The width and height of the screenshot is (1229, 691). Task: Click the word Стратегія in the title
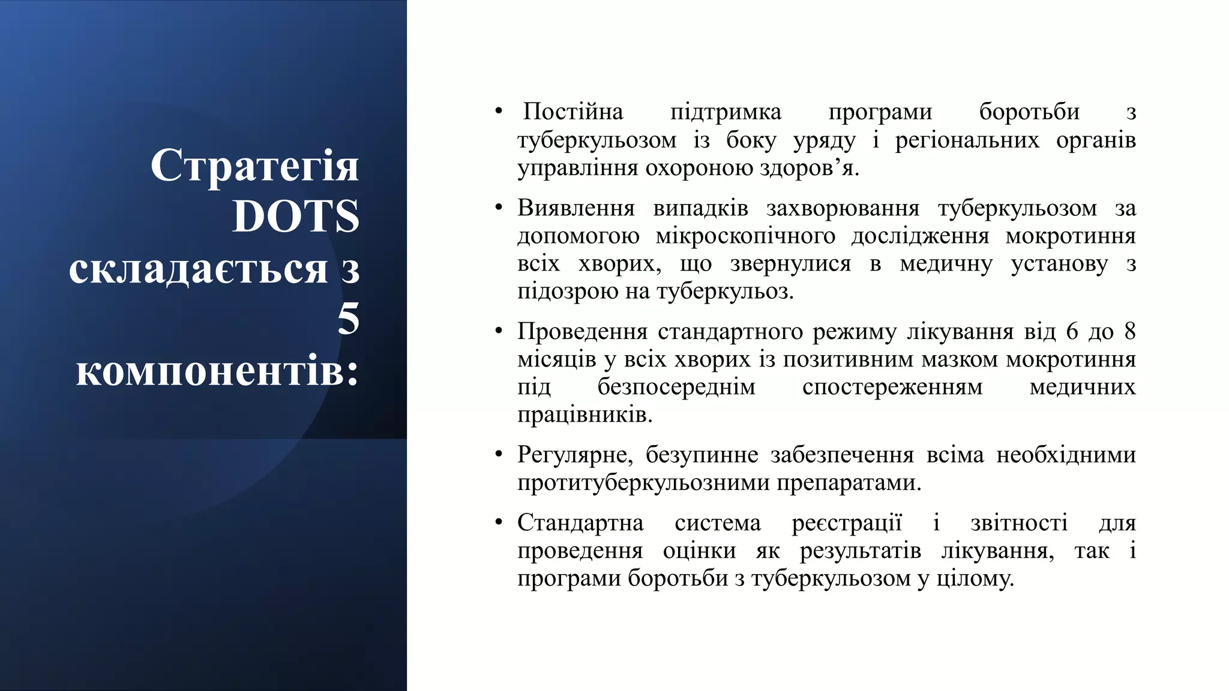(254, 166)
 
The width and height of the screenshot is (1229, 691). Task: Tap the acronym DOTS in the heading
(295, 216)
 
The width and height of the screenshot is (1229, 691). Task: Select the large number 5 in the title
(348, 319)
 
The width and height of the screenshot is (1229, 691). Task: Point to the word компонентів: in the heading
(217, 371)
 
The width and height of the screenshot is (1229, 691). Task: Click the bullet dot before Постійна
(498, 112)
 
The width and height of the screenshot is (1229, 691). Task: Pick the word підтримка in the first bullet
(726, 112)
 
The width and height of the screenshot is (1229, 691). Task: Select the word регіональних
(967, 140)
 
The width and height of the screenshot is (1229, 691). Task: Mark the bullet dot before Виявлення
(498, 208)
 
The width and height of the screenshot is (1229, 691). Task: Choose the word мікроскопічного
(745, 236)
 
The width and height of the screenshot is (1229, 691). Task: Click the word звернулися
(790, 264)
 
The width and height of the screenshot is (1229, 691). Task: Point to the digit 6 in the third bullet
(1072, 331)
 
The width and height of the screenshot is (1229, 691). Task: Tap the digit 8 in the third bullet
(1129, 331)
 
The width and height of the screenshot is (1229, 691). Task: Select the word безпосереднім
(676, 387)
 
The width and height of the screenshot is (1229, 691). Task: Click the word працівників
(584, 415)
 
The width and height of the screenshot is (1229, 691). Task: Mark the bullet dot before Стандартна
(498, 522)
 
